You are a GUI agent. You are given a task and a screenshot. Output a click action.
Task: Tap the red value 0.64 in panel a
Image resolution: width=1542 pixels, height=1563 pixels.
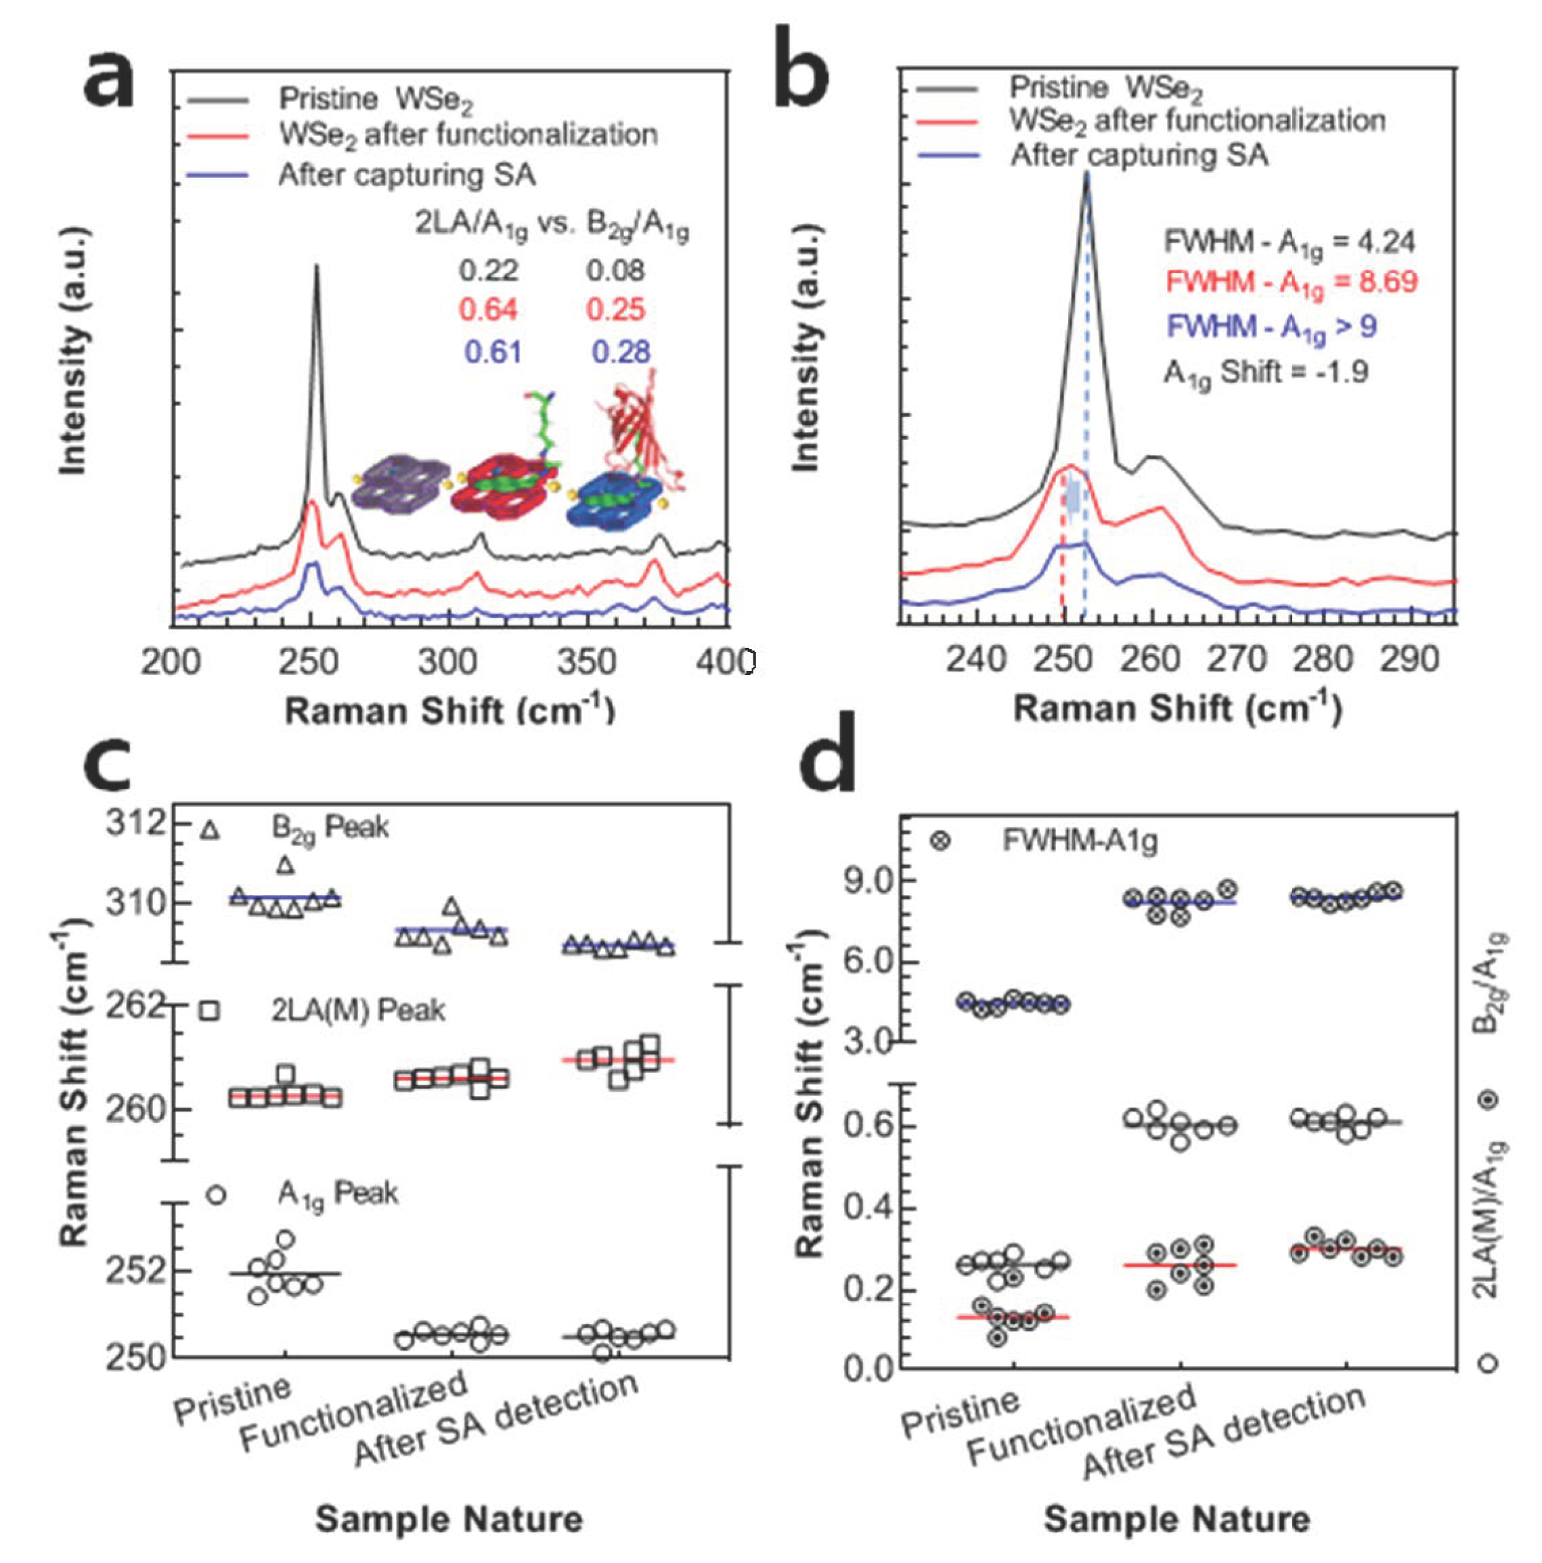click(x=488, y=310)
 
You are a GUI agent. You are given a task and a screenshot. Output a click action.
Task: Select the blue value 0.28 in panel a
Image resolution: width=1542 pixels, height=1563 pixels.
click(x=621, y=352)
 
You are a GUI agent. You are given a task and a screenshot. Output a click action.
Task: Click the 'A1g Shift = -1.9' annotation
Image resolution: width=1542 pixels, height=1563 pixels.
click(x=1265, y=373)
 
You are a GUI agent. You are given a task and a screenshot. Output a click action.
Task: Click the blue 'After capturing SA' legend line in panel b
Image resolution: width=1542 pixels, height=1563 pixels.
click(x=946, y=155)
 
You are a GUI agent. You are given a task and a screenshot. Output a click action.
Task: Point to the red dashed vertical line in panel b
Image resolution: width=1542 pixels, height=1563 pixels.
click(x=1062, y=567)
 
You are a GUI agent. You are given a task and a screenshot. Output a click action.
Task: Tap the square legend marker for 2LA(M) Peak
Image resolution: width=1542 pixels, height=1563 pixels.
click(x=211, y=1011)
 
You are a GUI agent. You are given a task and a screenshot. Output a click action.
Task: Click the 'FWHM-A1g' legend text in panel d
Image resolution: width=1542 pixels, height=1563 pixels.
click(x=1079, y=841)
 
